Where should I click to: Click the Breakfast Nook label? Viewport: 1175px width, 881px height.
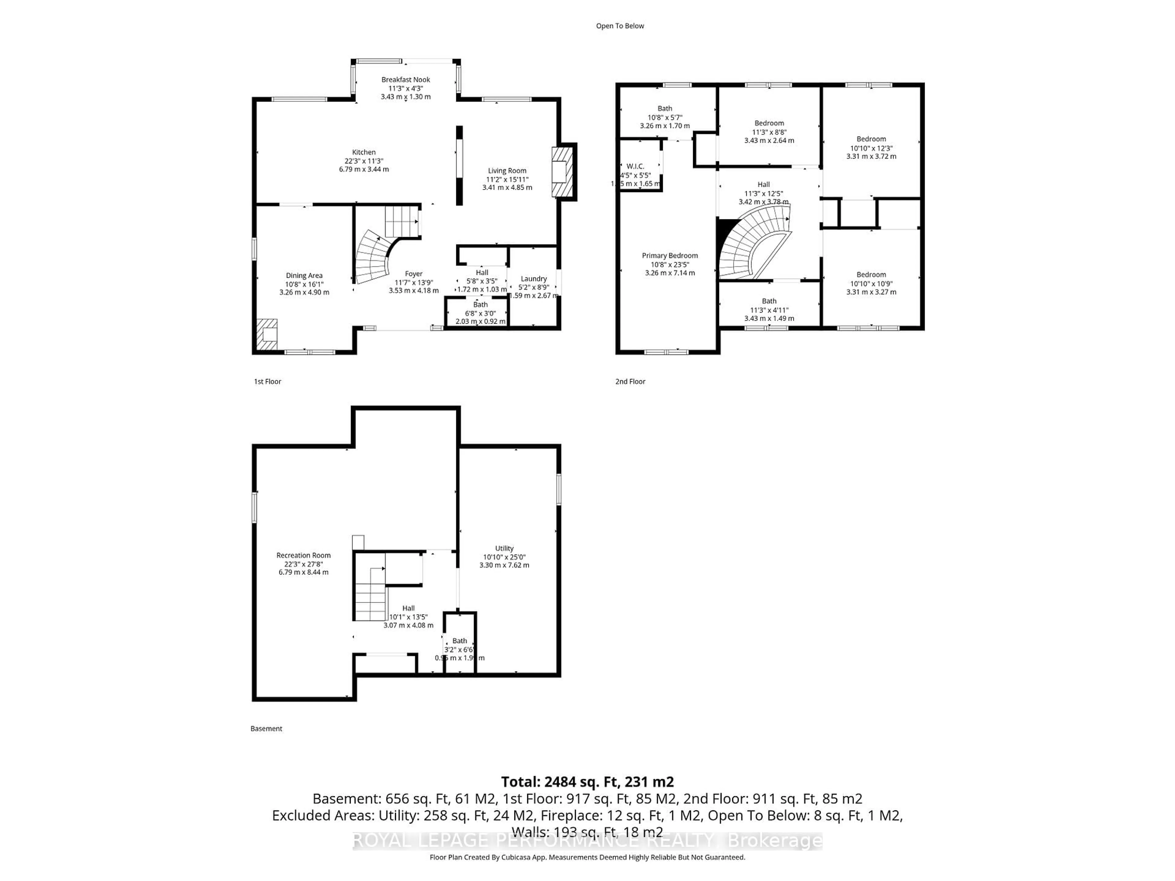(x=405, y=80)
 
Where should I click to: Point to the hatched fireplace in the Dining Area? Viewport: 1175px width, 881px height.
(x=267, y=334)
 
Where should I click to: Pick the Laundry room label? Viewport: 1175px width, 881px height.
(x=533, y=279)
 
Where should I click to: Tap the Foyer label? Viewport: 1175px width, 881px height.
(x=413, y=274)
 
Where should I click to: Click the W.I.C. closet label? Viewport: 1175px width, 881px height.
(x=635, y=166)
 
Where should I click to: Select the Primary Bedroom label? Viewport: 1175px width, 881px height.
(x=669, y=255)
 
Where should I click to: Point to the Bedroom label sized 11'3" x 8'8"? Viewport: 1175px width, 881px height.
(x=769, y=123)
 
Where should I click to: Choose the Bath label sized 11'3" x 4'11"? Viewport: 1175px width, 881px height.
(x=769, y=301)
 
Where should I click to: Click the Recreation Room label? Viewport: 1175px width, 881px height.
(x=303, y=556)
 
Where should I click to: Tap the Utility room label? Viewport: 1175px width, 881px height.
(x=504, y=548)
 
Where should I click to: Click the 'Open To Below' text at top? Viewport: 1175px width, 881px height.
(x=619, y=26)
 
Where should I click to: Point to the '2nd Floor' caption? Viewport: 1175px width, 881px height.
(x=630, y=381)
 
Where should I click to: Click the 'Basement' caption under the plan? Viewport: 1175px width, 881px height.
(x=266, y=729)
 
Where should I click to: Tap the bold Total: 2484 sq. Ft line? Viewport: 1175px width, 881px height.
(x=587, y=782)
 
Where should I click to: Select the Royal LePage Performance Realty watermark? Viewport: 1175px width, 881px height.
(x=587, y=841)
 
